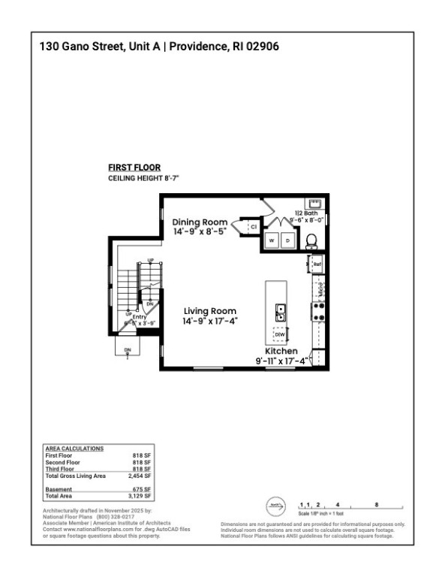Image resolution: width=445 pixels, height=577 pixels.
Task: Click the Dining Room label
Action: (x=200, y=222)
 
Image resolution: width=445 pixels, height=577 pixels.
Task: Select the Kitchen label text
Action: (x=281, y=352)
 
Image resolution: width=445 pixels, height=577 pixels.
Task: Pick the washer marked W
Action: (x=271, y=240)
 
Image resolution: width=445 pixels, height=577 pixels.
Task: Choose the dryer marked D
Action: (x=287, y=240)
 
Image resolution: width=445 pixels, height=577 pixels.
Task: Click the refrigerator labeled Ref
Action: (x=317, y=264)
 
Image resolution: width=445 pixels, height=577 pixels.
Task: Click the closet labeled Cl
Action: (x=253, y=225)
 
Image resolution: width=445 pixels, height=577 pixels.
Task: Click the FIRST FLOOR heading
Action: (x=134, y=168)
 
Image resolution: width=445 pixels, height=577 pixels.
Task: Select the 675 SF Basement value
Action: (x=143, y=489)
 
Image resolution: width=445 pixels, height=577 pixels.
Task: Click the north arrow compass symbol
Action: (x=275, y=506)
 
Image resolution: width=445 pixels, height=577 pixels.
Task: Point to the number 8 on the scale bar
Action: (x=376, y=505)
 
